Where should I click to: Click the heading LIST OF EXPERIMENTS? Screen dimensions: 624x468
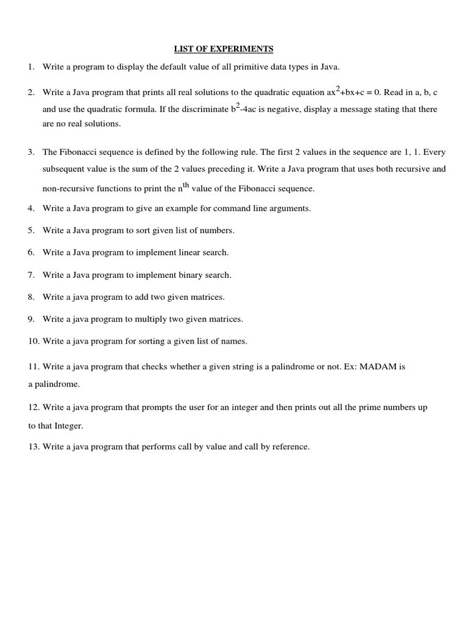(x=224, y=48)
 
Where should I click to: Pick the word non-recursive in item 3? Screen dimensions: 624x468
(x=66, y=189)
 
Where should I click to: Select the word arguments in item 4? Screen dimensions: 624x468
(x=292, y=208)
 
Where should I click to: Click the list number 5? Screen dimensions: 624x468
(x=30, y=230)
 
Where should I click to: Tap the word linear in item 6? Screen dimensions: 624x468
(x=176, y=252)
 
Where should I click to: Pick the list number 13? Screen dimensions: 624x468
(x=33, y=447)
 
